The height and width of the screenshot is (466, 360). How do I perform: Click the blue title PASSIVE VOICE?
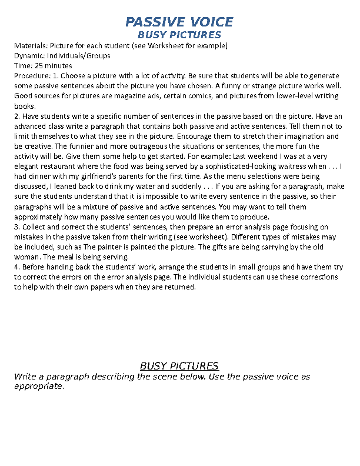tap(179, 22)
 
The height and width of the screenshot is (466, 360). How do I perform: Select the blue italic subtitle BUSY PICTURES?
tap(179, 35)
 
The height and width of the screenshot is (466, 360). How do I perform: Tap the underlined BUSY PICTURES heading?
tap(179, 366)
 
